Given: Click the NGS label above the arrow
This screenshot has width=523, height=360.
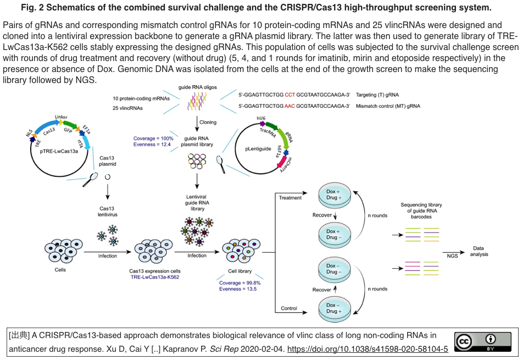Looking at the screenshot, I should coord(452,256).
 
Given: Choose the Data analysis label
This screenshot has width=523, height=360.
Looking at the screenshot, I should coord(479,251).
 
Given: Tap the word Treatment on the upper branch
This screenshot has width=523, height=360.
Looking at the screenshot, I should coord(291,198).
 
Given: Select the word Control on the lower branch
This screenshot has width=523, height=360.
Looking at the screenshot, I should coord(289,308).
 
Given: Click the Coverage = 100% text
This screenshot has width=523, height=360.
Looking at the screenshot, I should coord(153,139).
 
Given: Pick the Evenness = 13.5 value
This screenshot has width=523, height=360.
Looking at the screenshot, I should coord(238,289).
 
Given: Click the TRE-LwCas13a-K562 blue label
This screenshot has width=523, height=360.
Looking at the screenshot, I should coord(154,277).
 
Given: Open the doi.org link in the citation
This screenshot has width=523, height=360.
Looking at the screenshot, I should coord(368,349).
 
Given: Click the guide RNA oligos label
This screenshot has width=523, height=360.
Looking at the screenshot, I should coord(196,87).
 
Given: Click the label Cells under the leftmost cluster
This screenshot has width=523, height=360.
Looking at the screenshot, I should coord(60,270).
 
